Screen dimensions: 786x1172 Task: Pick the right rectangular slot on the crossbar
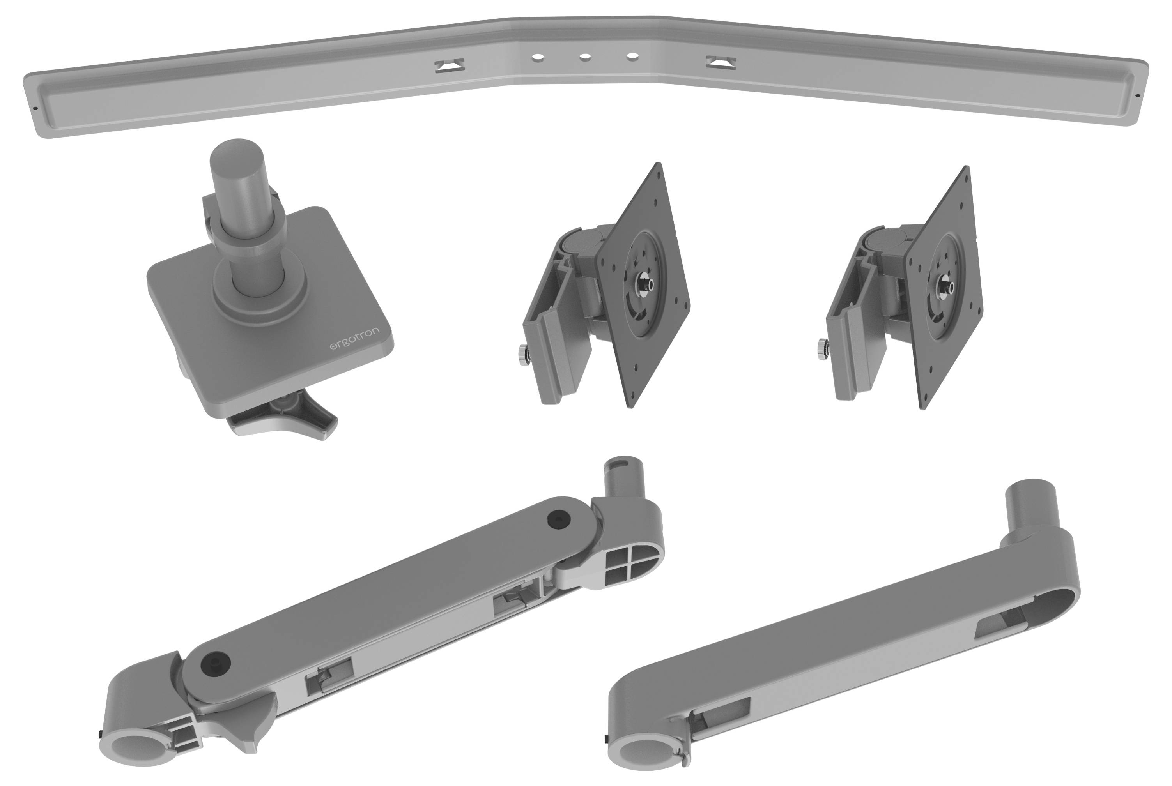click(721, 63)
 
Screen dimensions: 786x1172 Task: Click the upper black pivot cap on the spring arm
click(558, 519)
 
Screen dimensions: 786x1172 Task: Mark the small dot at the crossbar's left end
click(37, 107)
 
